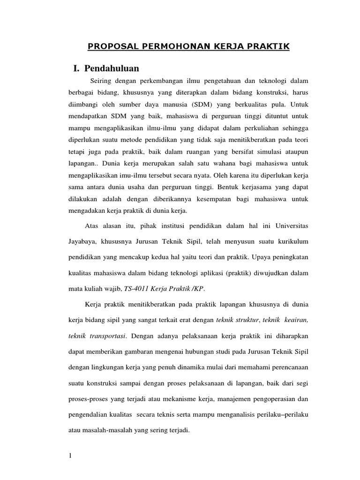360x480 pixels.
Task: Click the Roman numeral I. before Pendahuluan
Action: point(76,69)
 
